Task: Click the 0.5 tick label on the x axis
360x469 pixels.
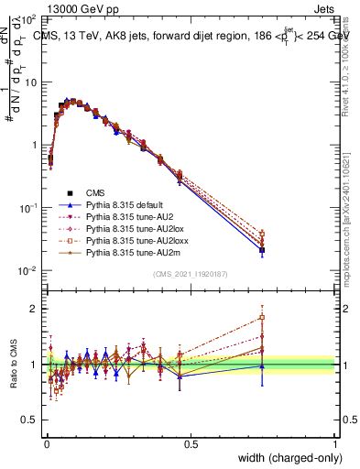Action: [190, 444]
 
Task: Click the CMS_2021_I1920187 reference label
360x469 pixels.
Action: [190, 275]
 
